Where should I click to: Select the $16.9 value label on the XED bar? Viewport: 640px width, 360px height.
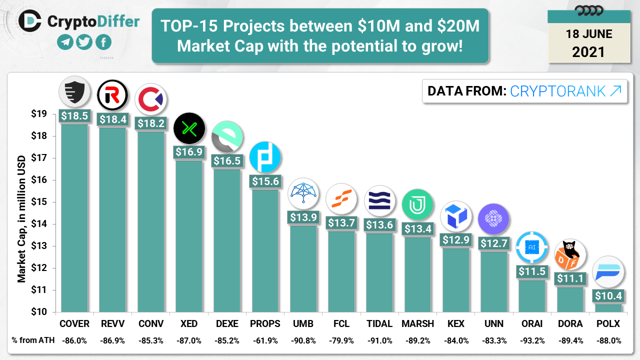point(189,151)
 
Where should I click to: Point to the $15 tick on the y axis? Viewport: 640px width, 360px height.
point(39,202)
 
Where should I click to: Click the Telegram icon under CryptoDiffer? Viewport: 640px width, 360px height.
point(65,42)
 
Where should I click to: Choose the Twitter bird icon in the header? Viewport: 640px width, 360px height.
point(84,42)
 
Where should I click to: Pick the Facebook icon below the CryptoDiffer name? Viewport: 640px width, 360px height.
point(103,42)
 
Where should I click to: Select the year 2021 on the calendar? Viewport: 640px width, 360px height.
point(588,51)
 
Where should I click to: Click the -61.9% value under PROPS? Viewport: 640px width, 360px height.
point(265,340)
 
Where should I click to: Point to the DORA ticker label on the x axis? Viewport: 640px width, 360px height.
point(570,324)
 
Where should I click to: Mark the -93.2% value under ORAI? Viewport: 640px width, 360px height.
point(532,340)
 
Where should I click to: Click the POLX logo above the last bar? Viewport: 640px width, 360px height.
point(608,272)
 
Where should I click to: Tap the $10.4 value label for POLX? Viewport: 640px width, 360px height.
point(608,295)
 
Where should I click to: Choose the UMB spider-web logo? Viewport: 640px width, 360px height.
point(303,193)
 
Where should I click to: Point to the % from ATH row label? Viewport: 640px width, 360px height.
point(31,340)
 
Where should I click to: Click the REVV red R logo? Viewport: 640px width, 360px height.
point(112,95)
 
